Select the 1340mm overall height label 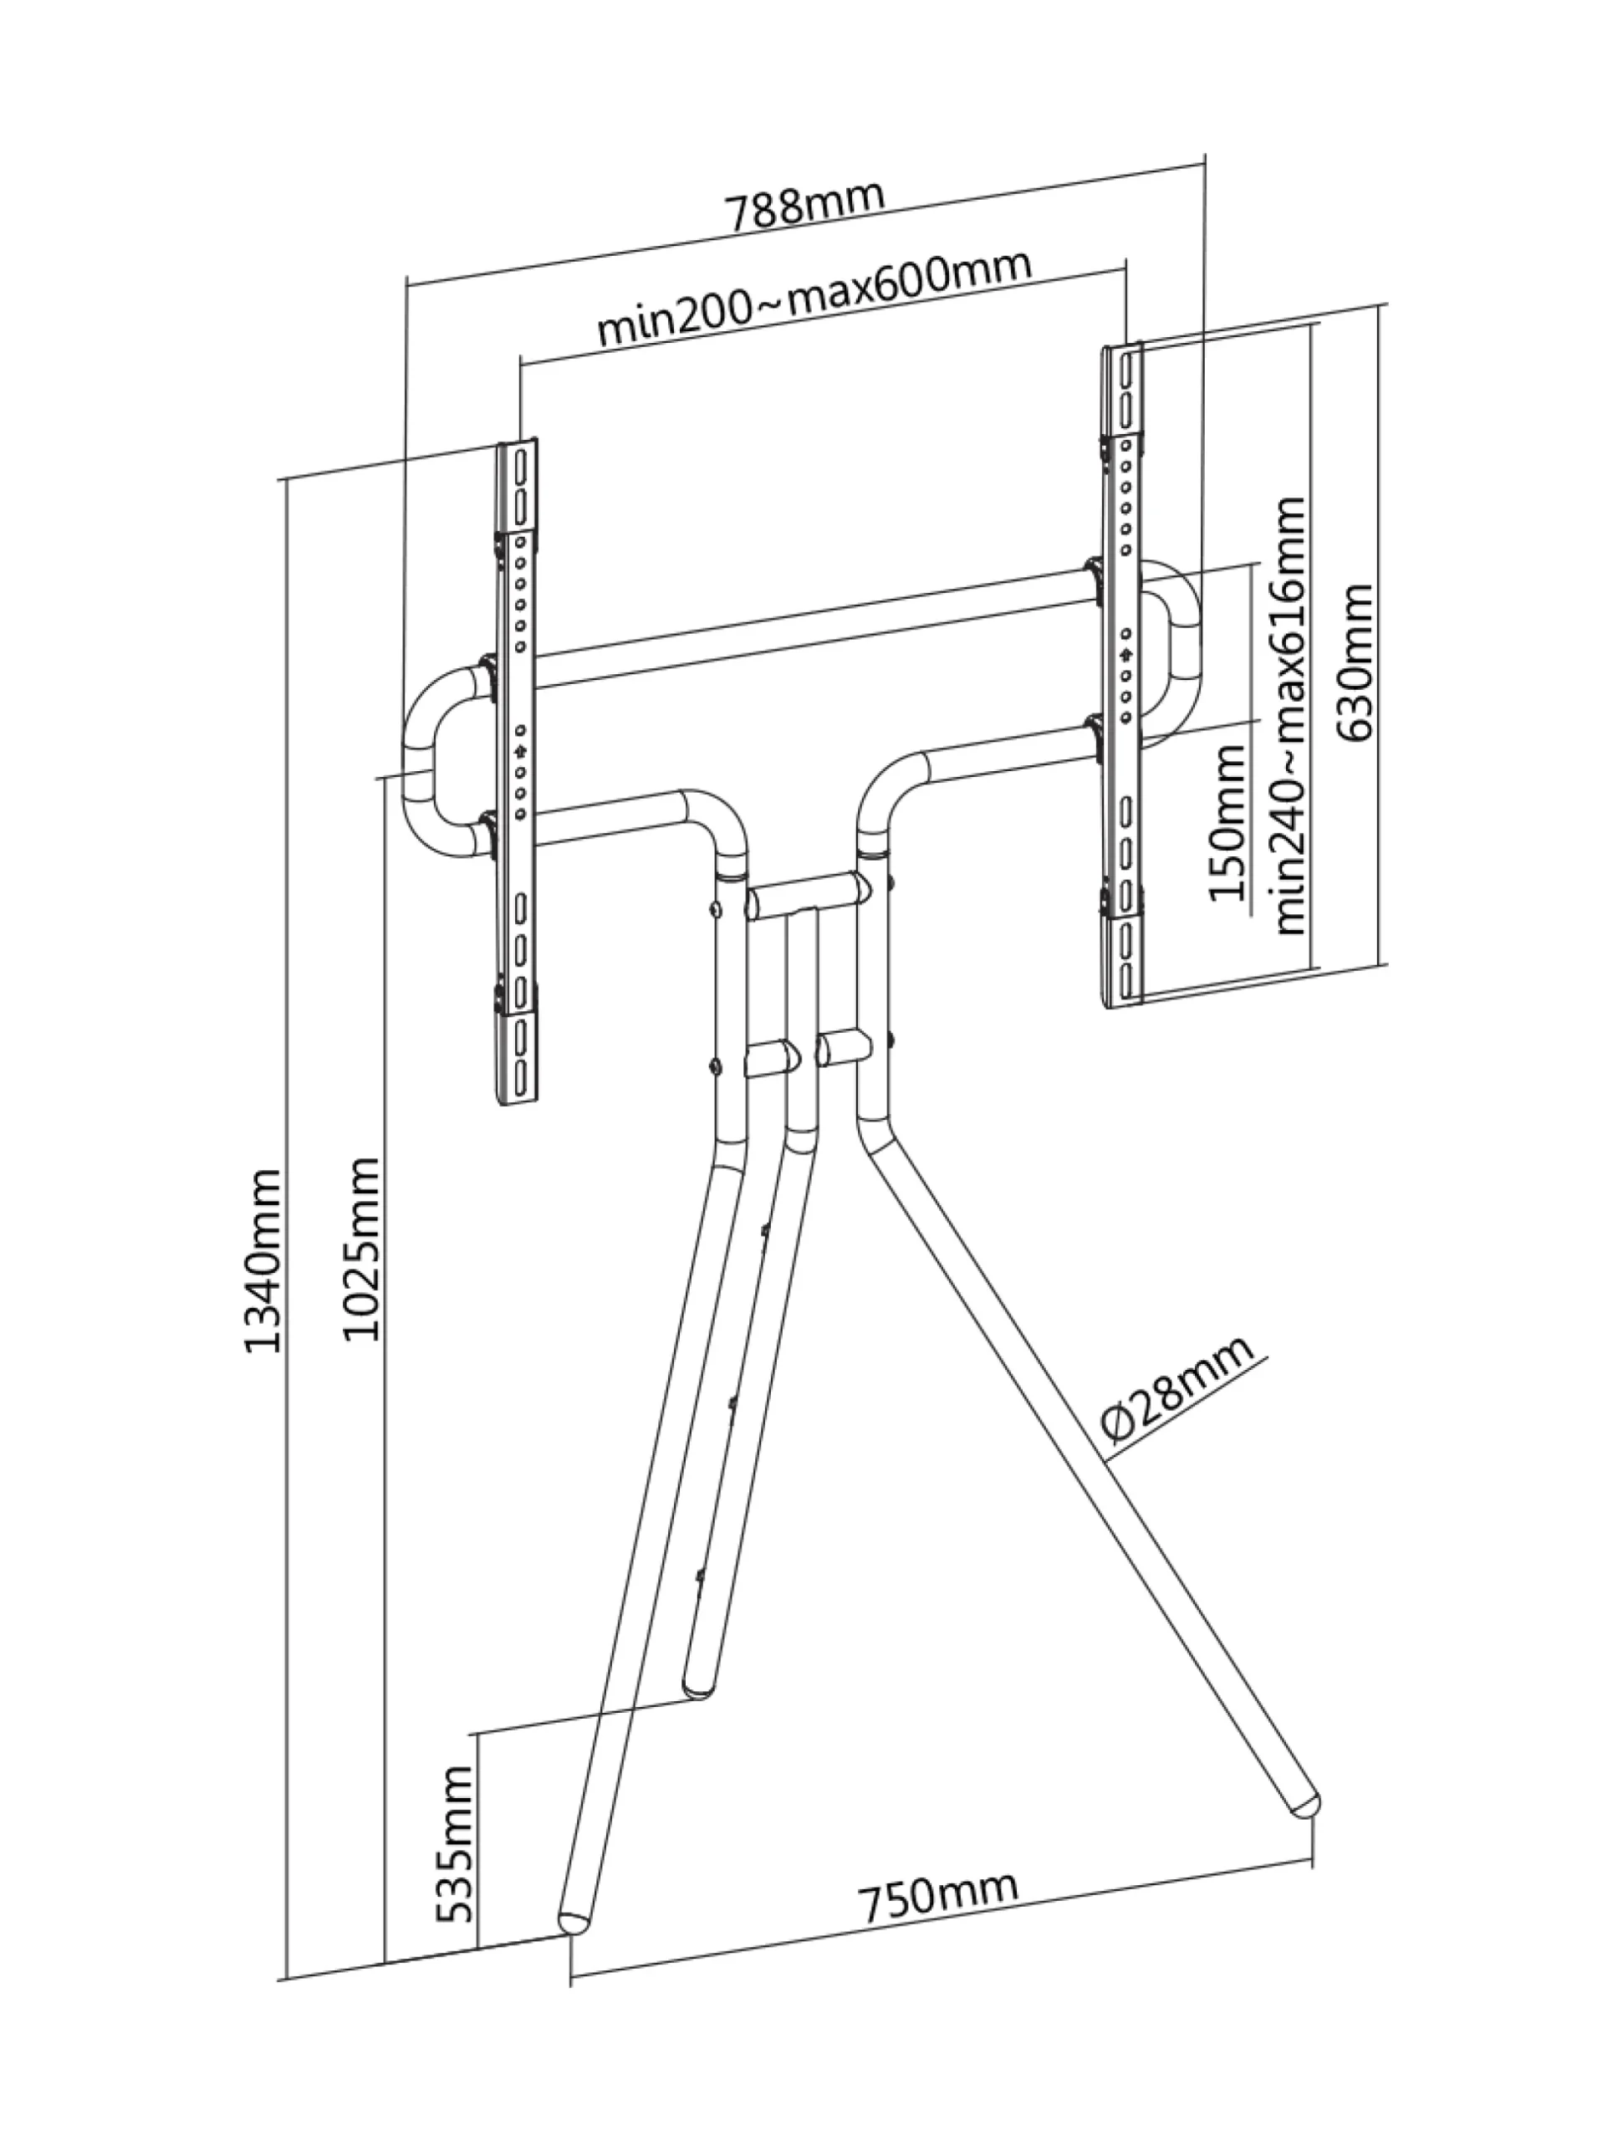pyautogui.click(x=263, y=1261)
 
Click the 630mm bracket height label pyautogui.click(x=1352, y=662)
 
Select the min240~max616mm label pyautogui.click(x=1289, y=715)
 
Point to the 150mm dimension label pyautogui.click(x=1227, y=823)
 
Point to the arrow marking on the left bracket pyautogui.click(x=520, y=750)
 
